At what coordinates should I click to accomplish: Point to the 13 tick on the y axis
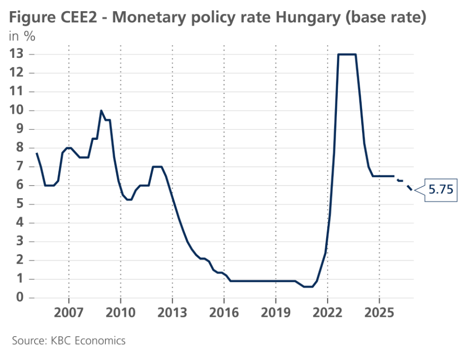[17, 54]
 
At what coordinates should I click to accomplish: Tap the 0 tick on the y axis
[19, 297]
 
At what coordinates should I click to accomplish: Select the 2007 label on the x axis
[68, 312]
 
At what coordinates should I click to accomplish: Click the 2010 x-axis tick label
[120, 312]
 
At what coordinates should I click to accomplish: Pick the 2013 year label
[172, 312]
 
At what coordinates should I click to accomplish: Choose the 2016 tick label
[224, 312]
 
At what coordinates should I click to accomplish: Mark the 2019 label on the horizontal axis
[276, 312]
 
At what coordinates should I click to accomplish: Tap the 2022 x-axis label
[327, 312]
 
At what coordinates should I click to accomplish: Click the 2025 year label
[379, 312]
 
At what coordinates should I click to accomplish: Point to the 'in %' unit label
[21, 35]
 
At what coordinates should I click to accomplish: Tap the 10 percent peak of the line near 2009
[101, 111]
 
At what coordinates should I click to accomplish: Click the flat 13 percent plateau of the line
[347, 54]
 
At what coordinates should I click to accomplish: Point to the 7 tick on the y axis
[19, 167]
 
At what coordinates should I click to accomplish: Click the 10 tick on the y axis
[17, 110]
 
